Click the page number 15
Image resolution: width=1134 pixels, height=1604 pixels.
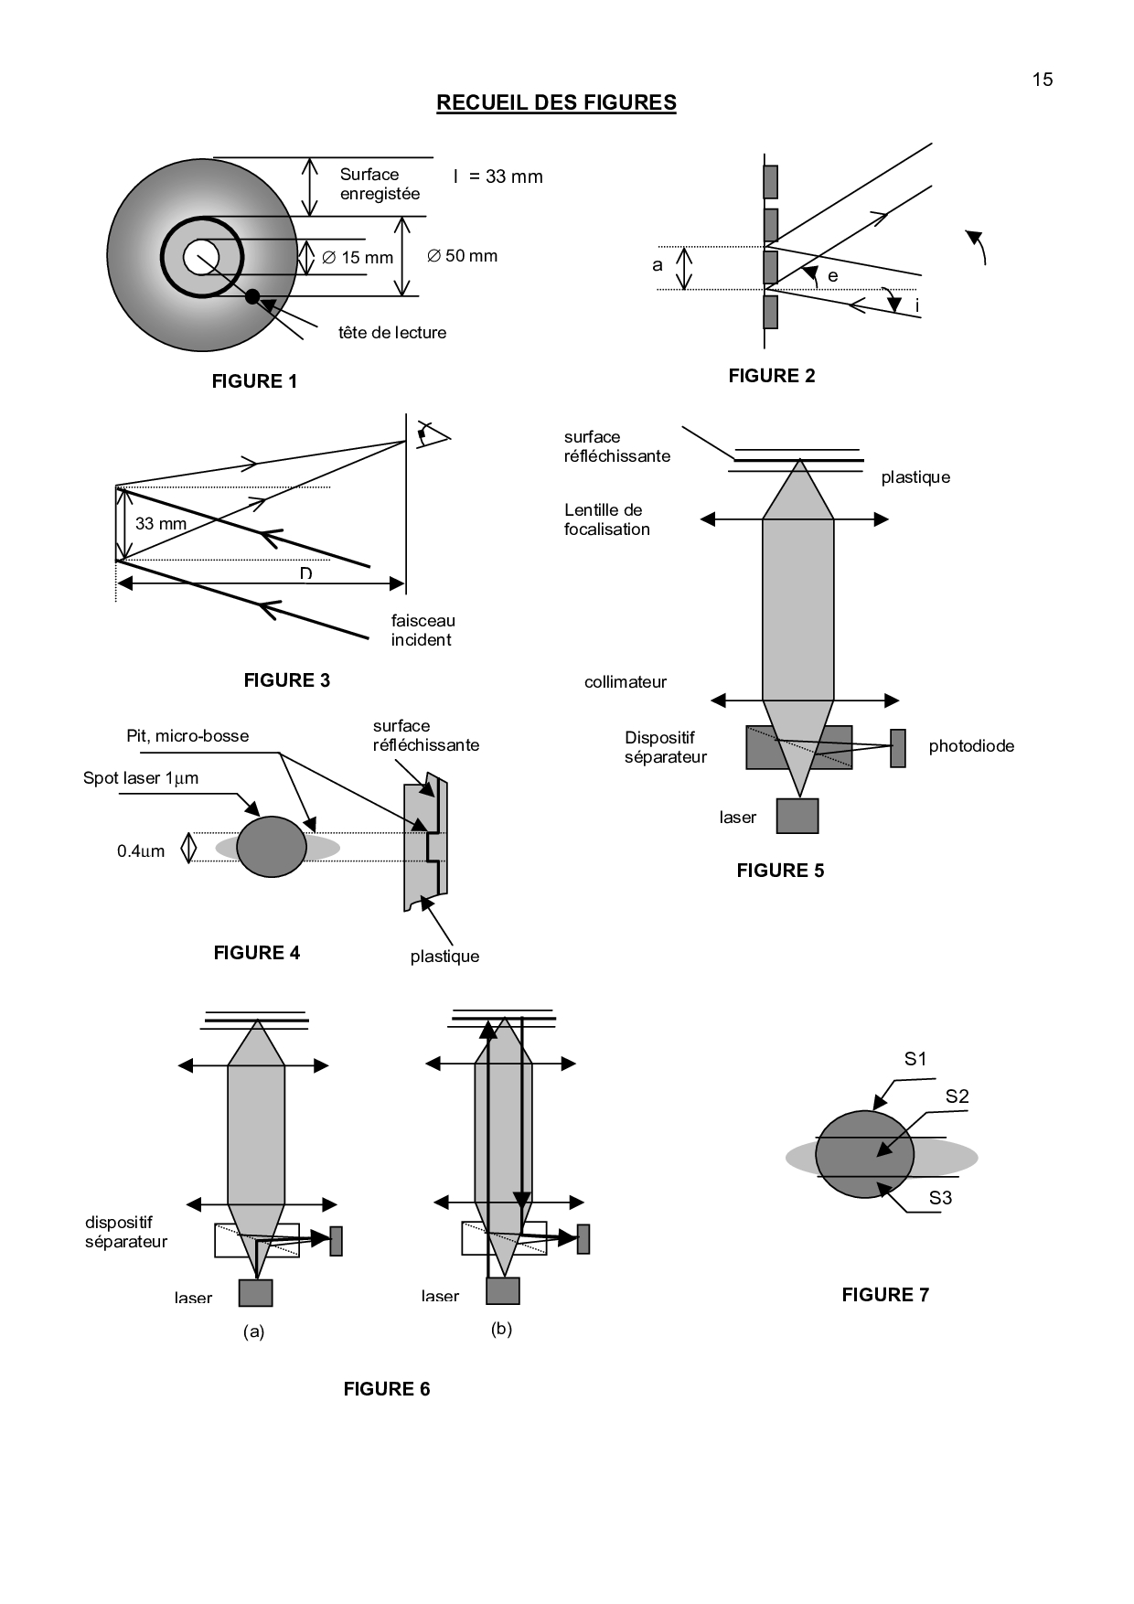point(1043,80)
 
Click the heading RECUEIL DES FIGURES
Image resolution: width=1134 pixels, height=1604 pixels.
point(556,102)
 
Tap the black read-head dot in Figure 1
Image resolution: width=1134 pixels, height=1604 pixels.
point(252,296)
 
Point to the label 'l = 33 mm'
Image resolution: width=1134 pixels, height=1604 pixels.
point(498,176)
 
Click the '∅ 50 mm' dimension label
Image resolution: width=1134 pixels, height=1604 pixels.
point(463,256)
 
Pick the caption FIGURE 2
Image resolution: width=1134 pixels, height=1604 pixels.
point(771,376)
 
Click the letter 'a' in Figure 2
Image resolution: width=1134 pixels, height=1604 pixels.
point(657,265)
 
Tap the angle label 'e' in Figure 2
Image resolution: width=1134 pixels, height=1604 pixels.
point(832,276)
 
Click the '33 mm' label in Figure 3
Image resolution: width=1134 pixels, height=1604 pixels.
point(161,524)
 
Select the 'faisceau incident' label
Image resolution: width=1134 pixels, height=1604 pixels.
point(423,630)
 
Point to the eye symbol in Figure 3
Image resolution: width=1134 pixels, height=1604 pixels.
point(433,433)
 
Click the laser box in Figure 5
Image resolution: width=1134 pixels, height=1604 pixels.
point(797,816)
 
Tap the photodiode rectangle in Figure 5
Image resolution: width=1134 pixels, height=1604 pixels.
point(898,748)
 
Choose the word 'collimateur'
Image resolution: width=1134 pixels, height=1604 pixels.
point(626,682)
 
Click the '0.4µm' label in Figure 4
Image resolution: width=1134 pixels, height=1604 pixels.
point(141,851)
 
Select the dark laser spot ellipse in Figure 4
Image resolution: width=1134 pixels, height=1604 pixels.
point(272,847)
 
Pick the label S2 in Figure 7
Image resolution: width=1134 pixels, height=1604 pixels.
point(957,1096)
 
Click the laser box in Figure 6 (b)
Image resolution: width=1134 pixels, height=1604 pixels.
point(502,1290)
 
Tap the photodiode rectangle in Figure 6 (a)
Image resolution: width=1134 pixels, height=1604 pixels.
point(336,1241)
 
